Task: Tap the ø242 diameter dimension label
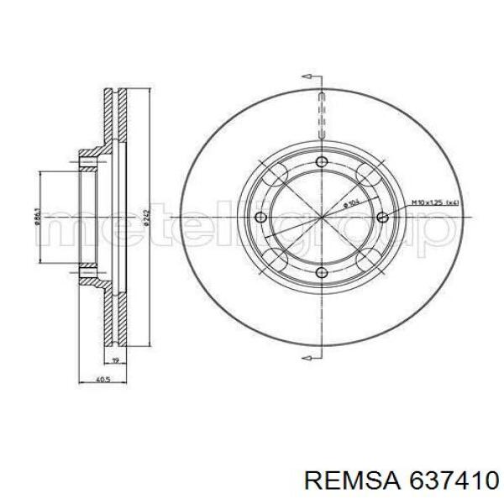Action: (x=147, y=216)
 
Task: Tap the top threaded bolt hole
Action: (x=323, y=163)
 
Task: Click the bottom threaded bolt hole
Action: (x=323, y=270)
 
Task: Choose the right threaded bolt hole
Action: (x=382, y=218)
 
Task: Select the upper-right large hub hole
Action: (x=367, y=175)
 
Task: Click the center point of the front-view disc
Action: (x=323, y=217)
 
